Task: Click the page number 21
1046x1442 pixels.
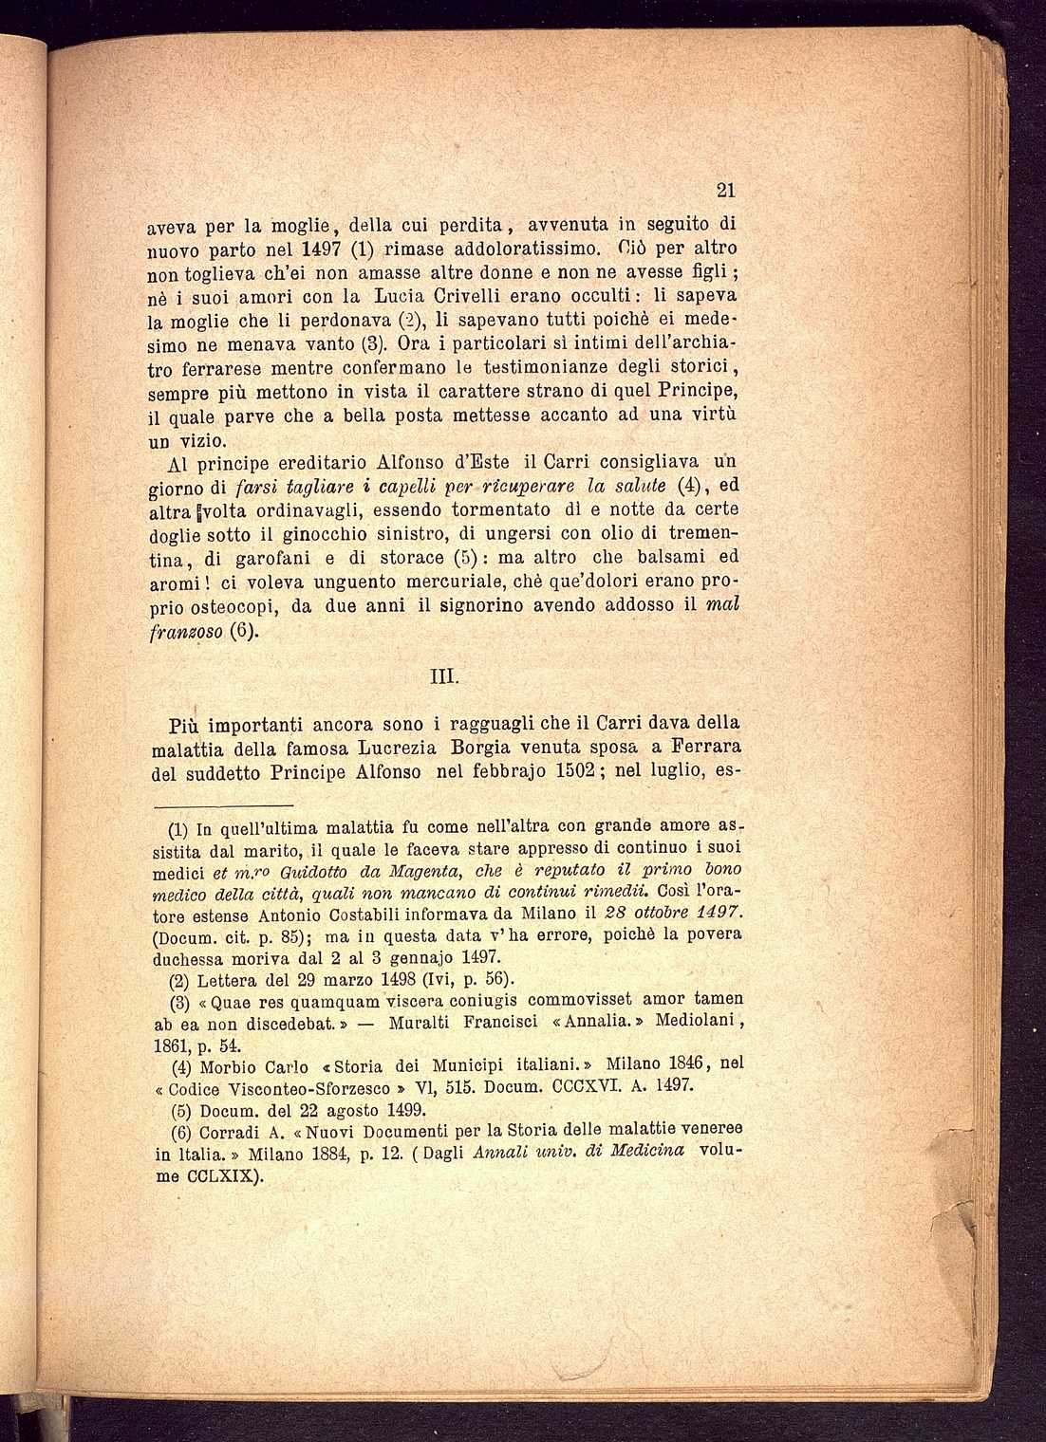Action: click(x=726, y=190)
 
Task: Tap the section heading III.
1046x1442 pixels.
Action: click(x=445, y=677)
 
